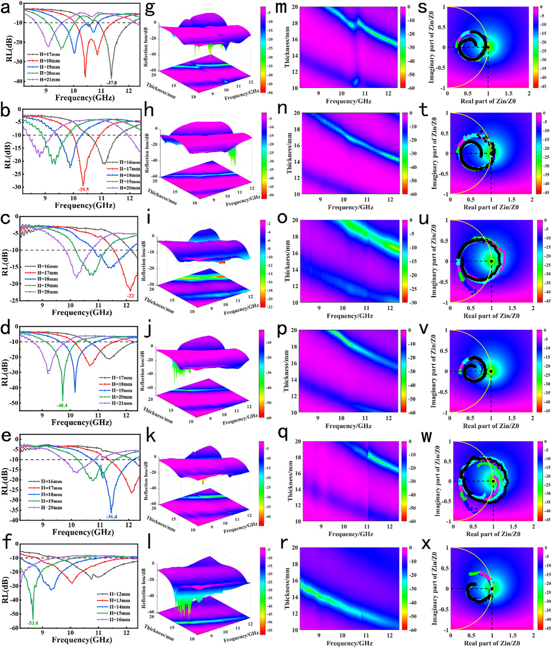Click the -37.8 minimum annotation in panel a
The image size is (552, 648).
coord(111,83)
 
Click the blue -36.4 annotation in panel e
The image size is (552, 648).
coord(112,516)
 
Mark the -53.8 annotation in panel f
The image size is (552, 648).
coord(33,623)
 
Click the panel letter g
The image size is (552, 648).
coord(149,8)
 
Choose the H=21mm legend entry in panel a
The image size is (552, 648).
coord(44,79)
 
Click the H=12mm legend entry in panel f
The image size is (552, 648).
coord(115,594)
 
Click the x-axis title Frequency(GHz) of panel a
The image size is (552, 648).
coord(85,98)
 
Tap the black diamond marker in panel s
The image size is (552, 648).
coord(488,47)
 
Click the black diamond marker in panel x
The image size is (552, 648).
coord(492,589)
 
